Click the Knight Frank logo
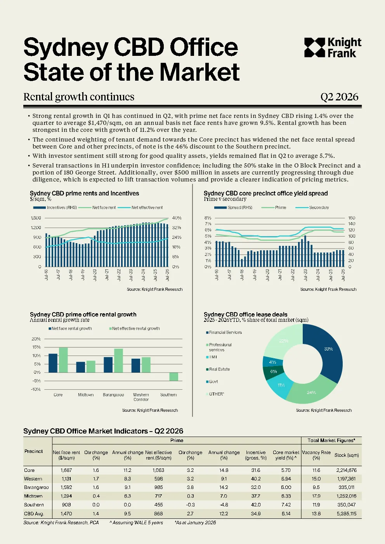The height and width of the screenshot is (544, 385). point(333,48)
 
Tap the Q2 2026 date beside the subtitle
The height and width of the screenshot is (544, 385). point(339,97)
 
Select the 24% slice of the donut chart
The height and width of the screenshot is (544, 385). point(310,391)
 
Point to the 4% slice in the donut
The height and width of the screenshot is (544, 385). point(273,362)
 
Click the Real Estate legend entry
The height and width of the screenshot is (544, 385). point(218,369)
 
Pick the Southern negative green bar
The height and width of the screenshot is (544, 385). point(173,376)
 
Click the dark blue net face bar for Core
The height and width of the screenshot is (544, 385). point(53,363)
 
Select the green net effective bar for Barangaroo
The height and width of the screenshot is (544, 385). point(118,360)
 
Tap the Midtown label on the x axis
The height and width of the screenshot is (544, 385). point(86,395)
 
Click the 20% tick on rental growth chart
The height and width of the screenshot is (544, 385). point(36,339)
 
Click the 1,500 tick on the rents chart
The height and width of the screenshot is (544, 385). point(36,218)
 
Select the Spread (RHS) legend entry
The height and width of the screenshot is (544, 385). point(233,207)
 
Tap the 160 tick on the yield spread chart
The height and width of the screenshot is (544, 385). point(352,218)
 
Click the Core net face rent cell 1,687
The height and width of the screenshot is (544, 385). point(66,470)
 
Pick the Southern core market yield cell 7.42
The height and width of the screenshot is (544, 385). point(286,505)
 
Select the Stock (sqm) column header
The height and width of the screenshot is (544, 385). point(347,455)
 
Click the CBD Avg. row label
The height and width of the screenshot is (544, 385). point(34,514)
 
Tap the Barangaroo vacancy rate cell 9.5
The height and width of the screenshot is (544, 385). point(316,487)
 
